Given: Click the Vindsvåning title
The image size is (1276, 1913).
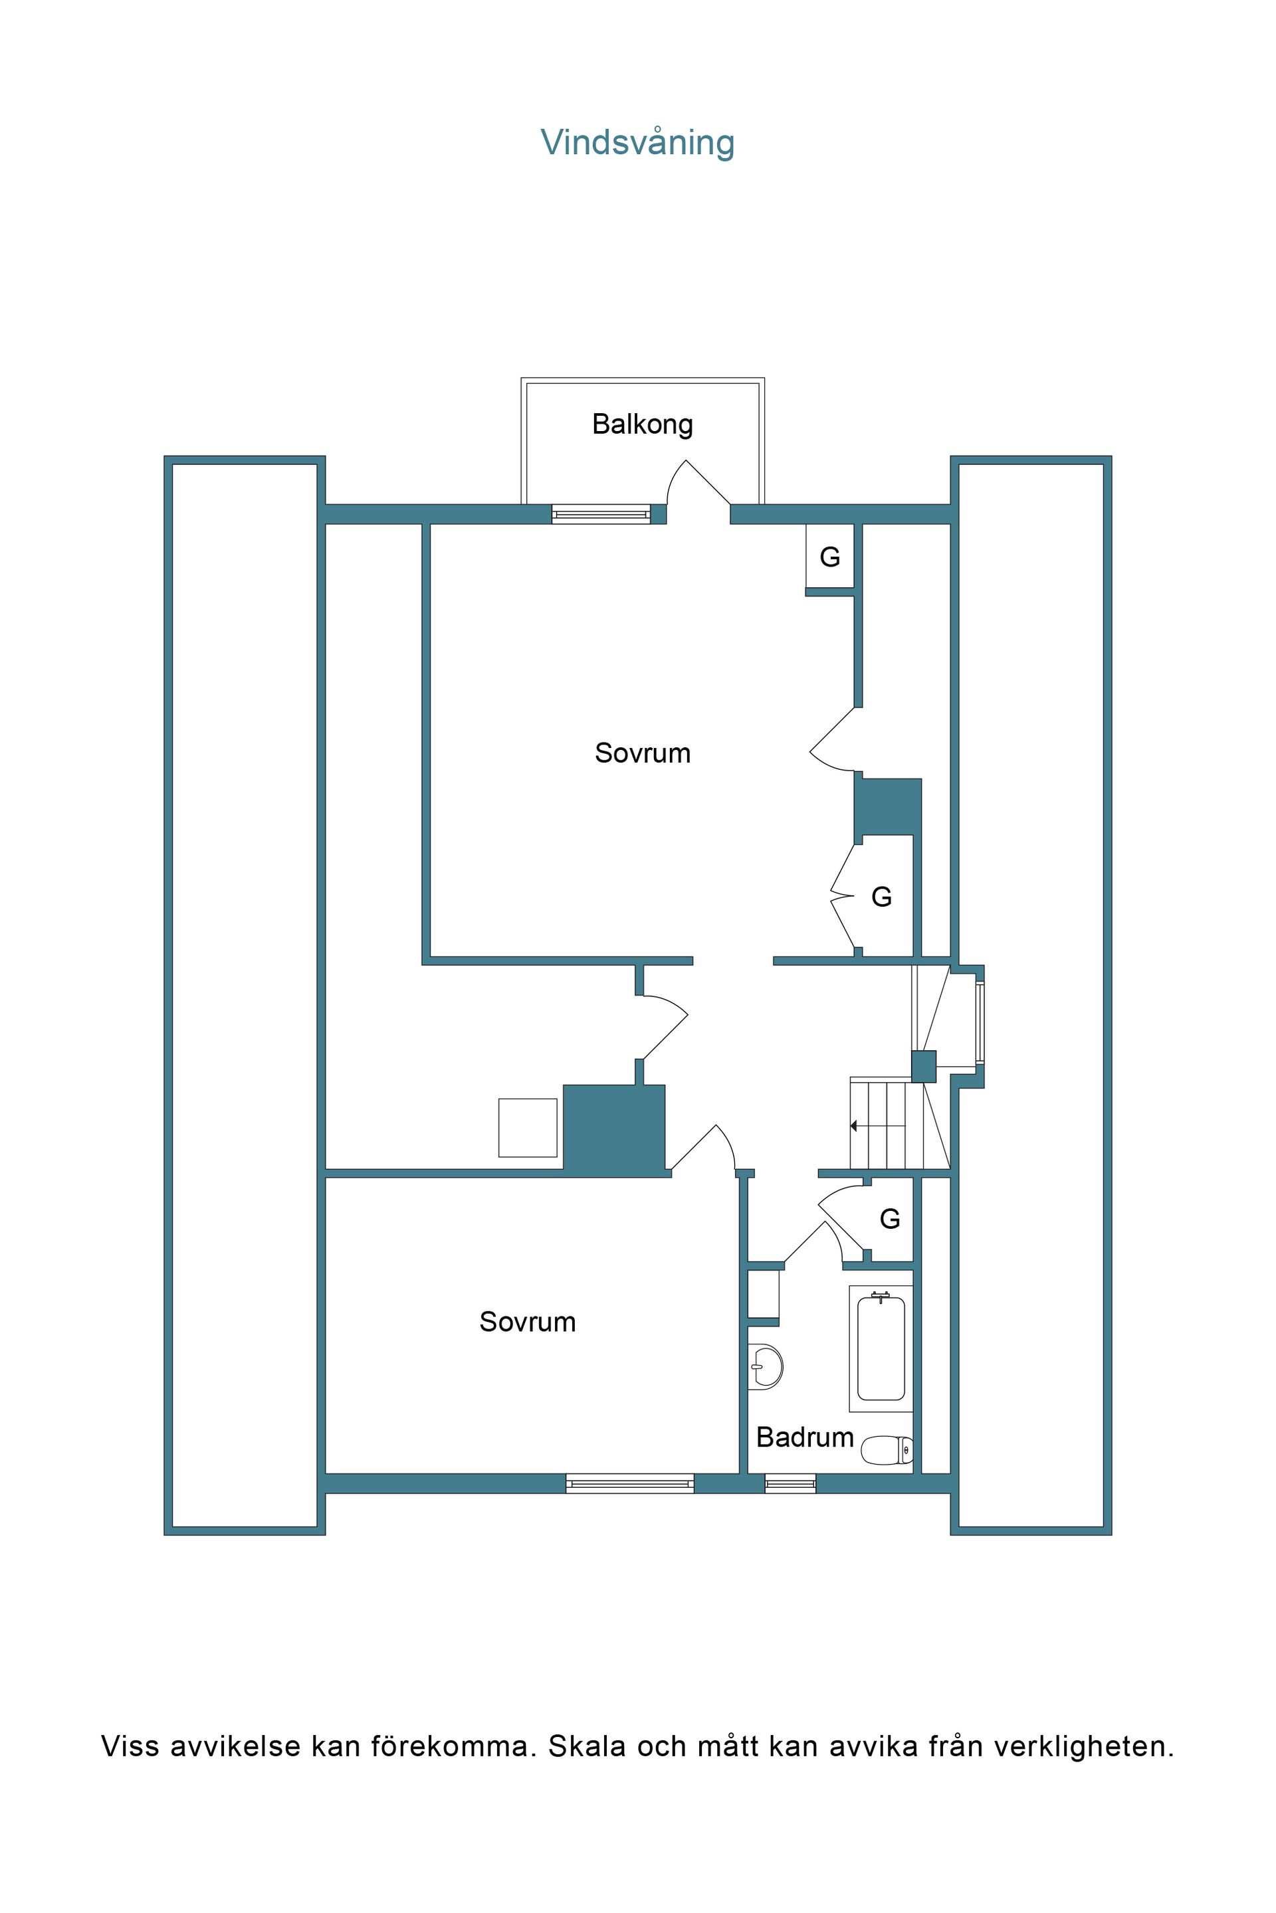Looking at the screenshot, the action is click(637, 142).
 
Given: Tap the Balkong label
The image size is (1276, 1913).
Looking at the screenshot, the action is click(642, 424).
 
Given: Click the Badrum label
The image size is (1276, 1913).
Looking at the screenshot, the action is click(805, 1437).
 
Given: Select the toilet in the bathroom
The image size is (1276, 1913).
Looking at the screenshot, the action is click(886, 1449).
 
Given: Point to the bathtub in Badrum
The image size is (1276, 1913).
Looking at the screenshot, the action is click(881, 1348).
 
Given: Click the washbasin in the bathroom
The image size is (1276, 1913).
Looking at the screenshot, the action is click(765, 1366).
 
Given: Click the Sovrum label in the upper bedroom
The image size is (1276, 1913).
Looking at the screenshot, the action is click(642, 753).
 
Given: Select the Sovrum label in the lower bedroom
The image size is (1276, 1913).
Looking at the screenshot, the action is click(527, 1322).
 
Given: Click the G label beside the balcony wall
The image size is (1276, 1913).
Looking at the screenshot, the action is click(829, 557).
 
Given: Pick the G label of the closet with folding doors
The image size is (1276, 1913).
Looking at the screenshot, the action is click(881, 897).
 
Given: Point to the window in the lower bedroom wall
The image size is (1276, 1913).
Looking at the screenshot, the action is click(630, 1483).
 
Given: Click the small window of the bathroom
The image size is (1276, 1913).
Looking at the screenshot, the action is click(790, 1483).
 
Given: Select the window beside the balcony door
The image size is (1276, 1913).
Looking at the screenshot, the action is click(601, 514).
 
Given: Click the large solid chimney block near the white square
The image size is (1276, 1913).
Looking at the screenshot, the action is click(614, 1130).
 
